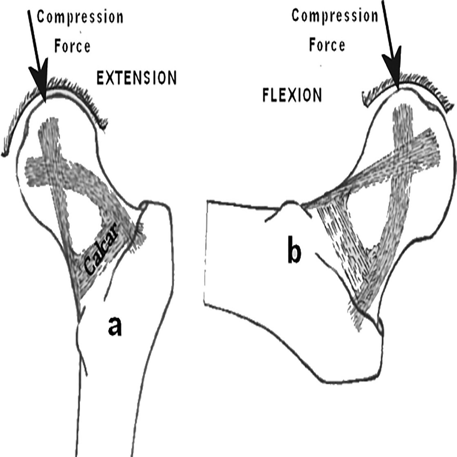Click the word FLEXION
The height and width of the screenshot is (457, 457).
[x=291, y=95]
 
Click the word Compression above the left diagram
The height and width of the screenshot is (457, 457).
[x=80, y=17]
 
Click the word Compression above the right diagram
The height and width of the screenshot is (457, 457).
[x=334, y=16]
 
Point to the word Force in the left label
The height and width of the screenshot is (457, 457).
[x=73, y=46]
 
